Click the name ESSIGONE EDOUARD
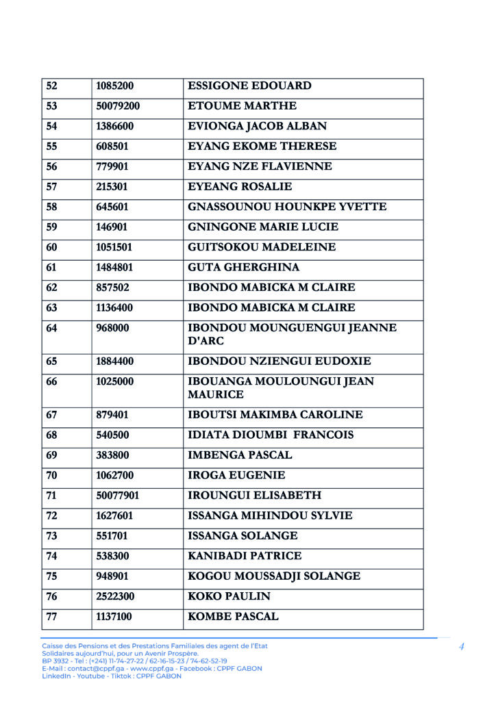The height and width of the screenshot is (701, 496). tap(249, 86)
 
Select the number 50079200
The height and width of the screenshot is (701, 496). tap(118, 106)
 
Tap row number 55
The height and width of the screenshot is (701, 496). tap(52, 146)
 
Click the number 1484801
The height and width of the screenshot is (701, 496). tap(114, 268)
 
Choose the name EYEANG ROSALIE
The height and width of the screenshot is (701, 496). tap(240, 187)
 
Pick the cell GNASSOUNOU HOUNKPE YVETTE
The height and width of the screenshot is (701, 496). tap(287, 207)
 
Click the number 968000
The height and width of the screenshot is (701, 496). tap(112, 329)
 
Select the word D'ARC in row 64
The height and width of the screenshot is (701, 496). tap(206, 341)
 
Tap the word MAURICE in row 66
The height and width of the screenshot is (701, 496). tap(216, 395)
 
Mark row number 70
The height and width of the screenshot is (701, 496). tap(52, 476)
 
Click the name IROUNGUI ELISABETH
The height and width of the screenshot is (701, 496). tap(254, 496)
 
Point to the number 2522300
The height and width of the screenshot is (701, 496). tap(115, 597)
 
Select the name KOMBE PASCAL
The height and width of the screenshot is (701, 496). tap(233, 617)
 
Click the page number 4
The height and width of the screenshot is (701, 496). tap(462, 646)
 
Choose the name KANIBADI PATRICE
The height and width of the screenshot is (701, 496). tap(245, 557)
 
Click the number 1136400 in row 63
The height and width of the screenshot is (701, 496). tap(114, 308)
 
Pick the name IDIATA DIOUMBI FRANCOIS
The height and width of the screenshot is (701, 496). tap(271, 435)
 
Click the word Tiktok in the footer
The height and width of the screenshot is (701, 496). tap(119, 676)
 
